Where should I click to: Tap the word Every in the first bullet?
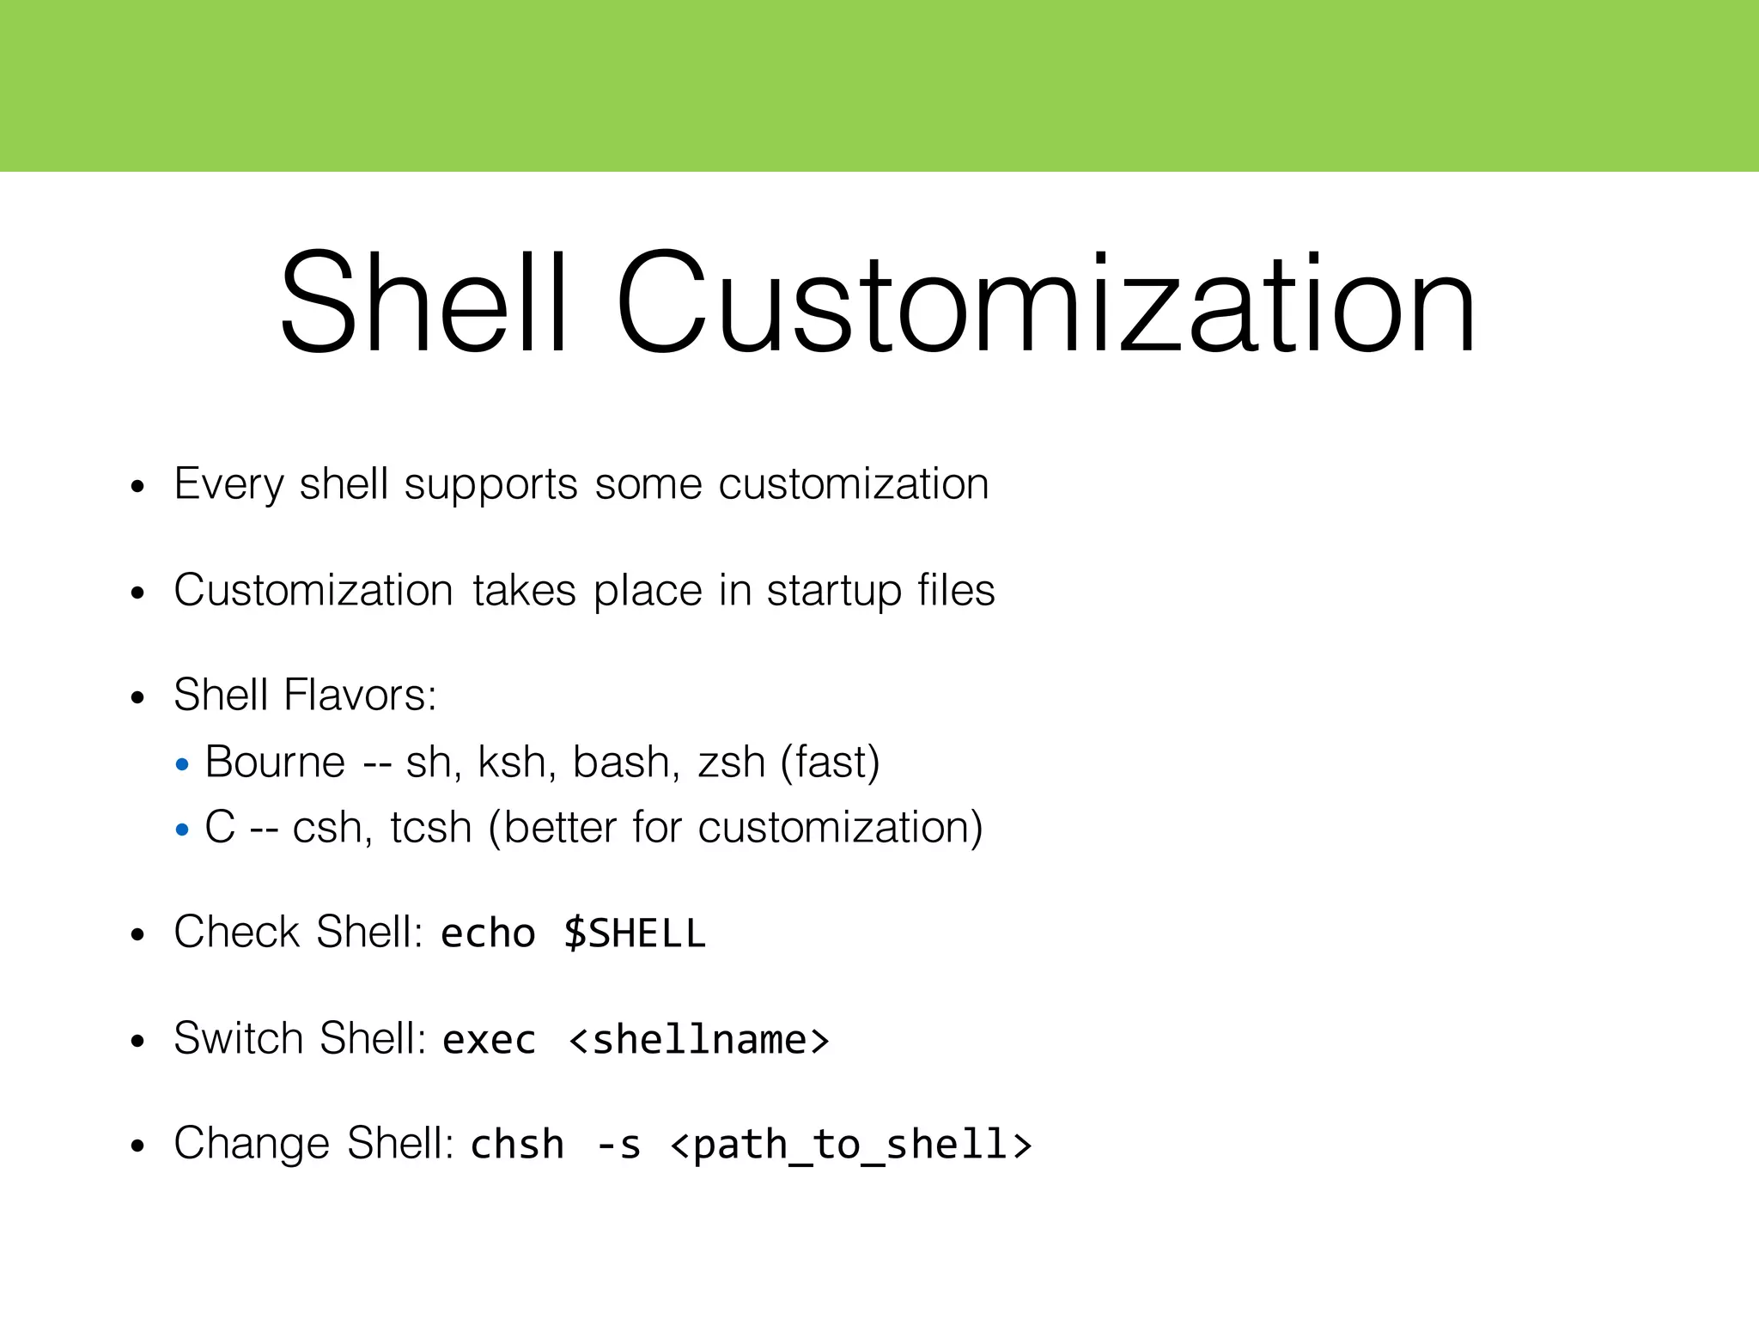point(228,484)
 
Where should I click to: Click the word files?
point(956,590)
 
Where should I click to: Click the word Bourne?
point(275,762)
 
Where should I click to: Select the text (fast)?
point(831,763)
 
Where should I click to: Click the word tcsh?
point(431,828)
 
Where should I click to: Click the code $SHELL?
point(635,933)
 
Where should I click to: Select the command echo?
point(488,933)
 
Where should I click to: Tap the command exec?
point(489,1040)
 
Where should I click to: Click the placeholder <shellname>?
point(699,1040)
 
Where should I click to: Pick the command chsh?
point(517,1145)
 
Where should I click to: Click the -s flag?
point(618,1145)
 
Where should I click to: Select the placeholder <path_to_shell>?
point(850,1145)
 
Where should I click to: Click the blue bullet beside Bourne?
point(181,764)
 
